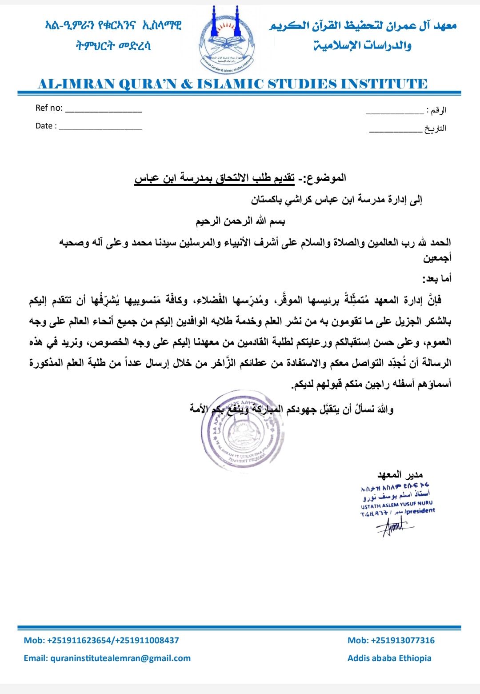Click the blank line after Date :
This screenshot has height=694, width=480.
(100, 129)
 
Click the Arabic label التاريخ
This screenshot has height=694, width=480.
(435, 128)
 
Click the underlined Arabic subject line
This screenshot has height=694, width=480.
(214, 178)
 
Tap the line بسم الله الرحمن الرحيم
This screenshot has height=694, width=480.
(240, 221)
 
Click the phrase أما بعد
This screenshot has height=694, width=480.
(437, 279)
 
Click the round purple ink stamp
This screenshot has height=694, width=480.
(242, 430)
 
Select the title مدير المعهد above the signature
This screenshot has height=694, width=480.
(400, 474)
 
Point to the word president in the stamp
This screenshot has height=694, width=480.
(420, 511)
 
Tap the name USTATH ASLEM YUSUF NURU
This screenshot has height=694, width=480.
(396, 504)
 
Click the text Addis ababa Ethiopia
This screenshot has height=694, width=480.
(389, 658)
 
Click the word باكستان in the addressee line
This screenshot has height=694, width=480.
(266, 200)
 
